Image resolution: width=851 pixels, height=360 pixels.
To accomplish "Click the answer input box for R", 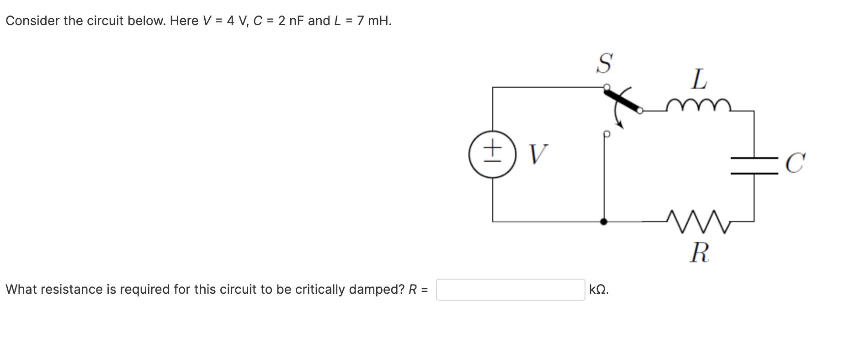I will tap(510, 290).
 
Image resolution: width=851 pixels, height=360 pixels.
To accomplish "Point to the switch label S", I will tap(604, 63).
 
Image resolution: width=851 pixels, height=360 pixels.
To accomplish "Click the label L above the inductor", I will tap(699, 79).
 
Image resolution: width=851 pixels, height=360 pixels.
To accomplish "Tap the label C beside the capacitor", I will tap(795, 164).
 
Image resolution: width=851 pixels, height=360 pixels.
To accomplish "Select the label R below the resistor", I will tap(699, 253).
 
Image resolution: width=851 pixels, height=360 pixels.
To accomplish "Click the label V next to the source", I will tap(538, 154).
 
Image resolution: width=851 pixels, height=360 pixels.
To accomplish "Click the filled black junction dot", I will tap(604, 222).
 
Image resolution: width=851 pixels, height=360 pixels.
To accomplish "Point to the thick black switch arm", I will tap(622, 100).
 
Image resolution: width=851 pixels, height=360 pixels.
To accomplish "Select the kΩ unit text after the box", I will tap(599, 290).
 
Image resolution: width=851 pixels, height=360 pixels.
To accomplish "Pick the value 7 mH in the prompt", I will tap(373, 21).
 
